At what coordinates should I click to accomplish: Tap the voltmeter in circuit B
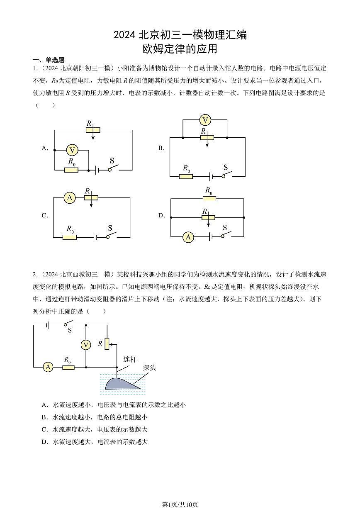coord(205,120)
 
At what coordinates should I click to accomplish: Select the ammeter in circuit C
coord(69,198)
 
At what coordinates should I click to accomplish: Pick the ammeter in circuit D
coord(188,237)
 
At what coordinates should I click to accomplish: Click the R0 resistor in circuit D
coord(209,199)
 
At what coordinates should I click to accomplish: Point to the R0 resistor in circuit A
coord(71,170)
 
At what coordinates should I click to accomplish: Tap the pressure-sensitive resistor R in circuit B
coord(207,137)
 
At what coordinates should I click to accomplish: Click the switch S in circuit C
coord(111,236)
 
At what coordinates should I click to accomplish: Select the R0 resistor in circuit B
coord(186,176)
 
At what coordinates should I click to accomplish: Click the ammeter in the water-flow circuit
coord(48,367)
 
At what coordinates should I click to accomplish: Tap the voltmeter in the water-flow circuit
coord(86,345)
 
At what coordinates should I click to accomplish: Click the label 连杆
coord(130,359)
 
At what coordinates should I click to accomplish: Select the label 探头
coord(149,368)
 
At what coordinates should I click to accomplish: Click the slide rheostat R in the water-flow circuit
coord(107,343)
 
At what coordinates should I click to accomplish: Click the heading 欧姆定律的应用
coord(180,49)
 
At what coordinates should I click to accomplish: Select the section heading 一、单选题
coord(49,60)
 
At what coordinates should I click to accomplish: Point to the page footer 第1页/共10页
coord(180,504)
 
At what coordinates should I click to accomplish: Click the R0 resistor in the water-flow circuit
coord(68,367)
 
